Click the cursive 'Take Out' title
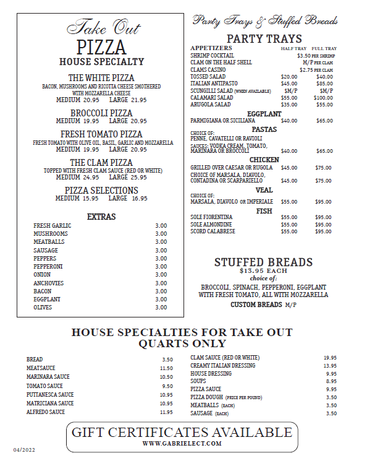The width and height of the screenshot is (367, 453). (102, 28)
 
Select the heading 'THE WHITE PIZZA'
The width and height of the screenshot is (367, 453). (101, 78)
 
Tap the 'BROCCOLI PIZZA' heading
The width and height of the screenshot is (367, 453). (101, 113)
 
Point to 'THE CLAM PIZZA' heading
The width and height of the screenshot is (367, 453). (101, 163)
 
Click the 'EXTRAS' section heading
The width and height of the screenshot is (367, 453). (101, 217)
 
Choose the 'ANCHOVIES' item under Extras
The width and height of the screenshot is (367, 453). (48, 283)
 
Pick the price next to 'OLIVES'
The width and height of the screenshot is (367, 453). (161, 308)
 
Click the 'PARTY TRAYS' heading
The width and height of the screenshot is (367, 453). (264, 38)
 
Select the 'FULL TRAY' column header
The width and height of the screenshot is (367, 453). (324, 48)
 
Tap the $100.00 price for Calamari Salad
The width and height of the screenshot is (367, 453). (323, 98)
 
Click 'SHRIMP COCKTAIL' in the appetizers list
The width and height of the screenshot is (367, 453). (212, 56)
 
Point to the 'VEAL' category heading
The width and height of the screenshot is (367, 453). (264, 190)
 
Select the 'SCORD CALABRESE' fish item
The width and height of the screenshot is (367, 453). (213, 231)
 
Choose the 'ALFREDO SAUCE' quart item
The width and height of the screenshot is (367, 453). (46, 412)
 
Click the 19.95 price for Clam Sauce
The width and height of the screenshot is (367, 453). (330, 358)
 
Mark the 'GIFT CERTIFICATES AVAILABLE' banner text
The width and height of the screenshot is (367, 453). (182, 432)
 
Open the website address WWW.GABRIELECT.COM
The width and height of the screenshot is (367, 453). (182, 444)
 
